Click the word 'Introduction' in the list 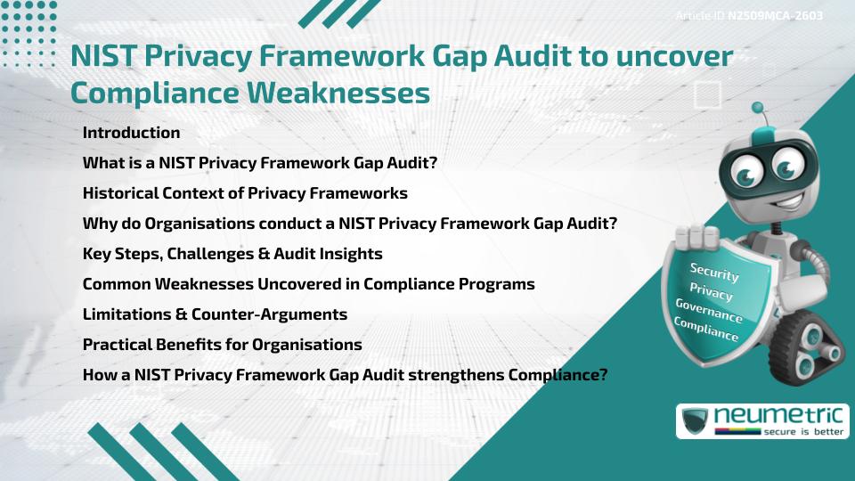131,133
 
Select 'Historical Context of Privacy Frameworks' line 245,193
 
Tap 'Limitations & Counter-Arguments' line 215,314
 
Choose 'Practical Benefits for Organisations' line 222,345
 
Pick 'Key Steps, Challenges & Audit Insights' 232,254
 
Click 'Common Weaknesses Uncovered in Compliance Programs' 308,284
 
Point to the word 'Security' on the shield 713,273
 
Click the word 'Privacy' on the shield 711,293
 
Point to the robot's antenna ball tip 758,108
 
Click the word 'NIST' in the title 100,56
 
